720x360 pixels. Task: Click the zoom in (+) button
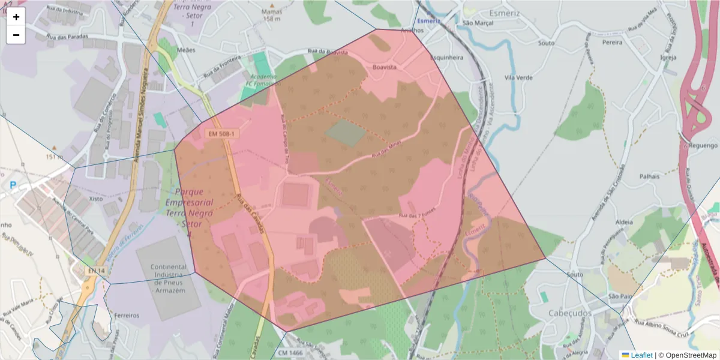[x=16, y=17]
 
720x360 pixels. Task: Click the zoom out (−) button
[x=16, y=35]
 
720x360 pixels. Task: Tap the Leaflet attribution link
[x=641, y=355]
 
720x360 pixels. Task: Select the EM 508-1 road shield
[x=221, y=134]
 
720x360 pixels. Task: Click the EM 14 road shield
[x=96, y=271]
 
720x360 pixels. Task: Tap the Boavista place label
[x=385, y=67]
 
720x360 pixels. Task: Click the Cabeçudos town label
[x=570, y=313]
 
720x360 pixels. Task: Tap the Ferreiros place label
[x=126, y=315]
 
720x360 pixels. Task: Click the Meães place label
[x=187, y=50]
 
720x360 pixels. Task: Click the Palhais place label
[x=649, y=176]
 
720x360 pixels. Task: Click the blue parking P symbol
[x=13, y=185]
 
